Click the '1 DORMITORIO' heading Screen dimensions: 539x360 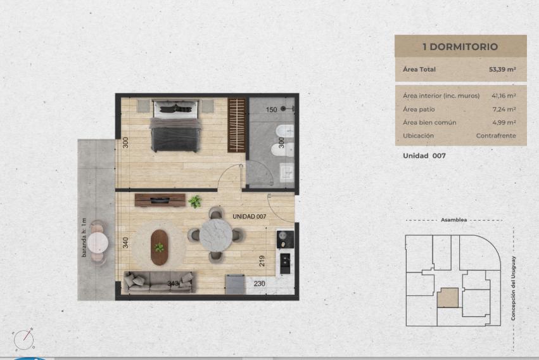(x=460, y=47)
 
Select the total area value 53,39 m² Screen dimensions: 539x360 (x=502, y=70)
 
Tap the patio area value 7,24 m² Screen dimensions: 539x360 (x=504, y=110)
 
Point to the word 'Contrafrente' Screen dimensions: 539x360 (x=496, y=136)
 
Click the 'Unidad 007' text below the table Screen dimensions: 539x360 (x=424, y=156)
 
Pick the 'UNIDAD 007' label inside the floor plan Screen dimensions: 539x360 (x=249, y=216)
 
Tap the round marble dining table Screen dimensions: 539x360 (x=216, y=235)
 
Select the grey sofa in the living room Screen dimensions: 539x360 (x=160, y=282)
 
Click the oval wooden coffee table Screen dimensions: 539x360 (x=160, y=247)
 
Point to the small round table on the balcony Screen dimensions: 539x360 (x=98, y=243)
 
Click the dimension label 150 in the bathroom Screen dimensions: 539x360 (x=271, y=110)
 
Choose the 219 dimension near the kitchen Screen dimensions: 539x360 (x=262, y=261)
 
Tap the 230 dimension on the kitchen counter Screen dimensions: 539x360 (x=260, y=284)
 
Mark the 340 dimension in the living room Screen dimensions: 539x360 (x=125, y=243)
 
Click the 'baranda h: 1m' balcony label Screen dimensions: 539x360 (x=84, y=238)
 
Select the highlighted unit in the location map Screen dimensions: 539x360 (x=448, y=298)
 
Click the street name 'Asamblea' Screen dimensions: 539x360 (x=453, y=220)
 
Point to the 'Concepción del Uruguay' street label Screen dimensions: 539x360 (x=513, y=288)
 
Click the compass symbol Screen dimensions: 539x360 (x=23, y=340)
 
